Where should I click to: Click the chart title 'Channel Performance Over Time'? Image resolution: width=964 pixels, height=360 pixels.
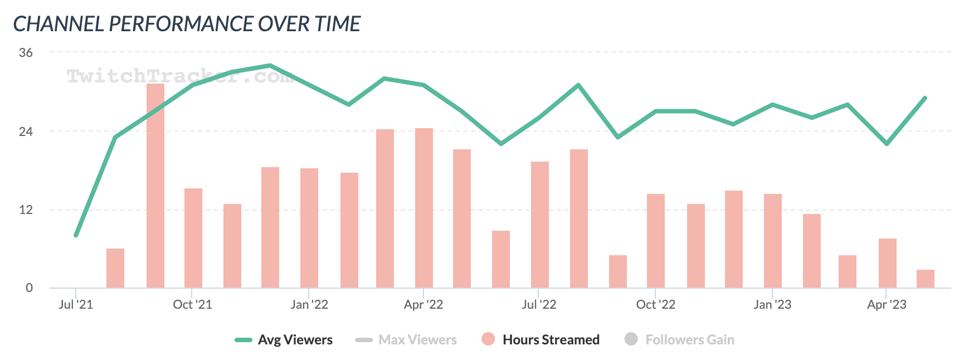click(x=187, y=24)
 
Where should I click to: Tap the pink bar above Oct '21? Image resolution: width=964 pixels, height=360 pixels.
click(x=193, y=238)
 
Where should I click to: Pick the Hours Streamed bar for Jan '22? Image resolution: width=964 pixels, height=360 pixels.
click(x=309, y=228)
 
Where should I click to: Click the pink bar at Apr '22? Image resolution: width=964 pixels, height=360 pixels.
click(x=424, y=208)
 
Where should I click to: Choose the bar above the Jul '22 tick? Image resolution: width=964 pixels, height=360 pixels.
click(x=540, y=225)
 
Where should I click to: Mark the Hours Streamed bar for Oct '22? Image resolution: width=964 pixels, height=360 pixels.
click(x=656, y=241)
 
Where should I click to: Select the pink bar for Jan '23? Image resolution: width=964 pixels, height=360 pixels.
click(x=773, y=241)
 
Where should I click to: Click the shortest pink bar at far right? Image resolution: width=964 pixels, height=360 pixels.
click(x=926, y=279)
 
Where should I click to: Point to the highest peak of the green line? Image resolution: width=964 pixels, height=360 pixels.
click(x=270, y=66)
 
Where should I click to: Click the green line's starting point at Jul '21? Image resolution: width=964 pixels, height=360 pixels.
click(x=76, y=235)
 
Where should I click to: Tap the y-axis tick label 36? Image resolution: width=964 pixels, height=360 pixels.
click(x=26, y=53)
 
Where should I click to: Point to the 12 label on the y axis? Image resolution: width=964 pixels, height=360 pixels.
click(x=26, y=210)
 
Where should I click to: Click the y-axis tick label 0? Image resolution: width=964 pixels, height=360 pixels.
click(x=29, y=288)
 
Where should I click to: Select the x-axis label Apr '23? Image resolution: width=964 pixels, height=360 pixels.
click(x=887, y=305)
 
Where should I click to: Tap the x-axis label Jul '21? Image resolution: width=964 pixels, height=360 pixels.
click(x=76, y=305)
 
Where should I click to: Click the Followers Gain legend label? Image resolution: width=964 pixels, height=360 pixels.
click(x=689, y=340)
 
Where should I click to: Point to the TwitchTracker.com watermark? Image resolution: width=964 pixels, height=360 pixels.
click(x=179, y=76)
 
